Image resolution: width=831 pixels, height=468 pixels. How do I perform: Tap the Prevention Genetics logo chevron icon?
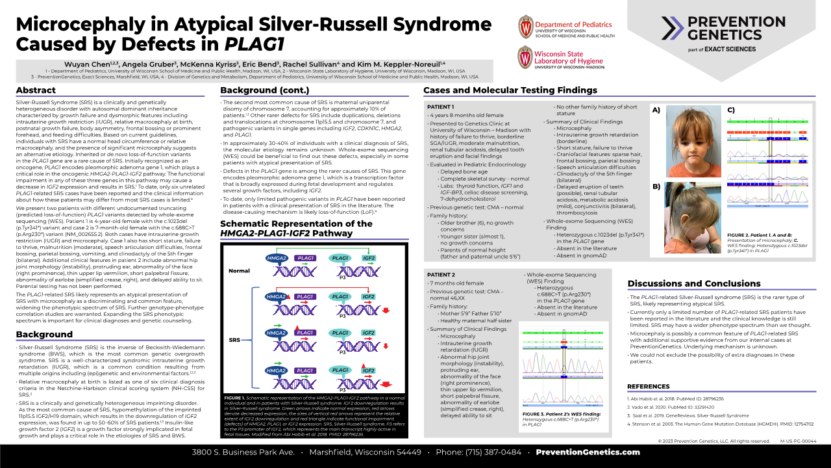(x=673, y=28)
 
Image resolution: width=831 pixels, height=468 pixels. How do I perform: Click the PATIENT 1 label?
(x=441, y=106)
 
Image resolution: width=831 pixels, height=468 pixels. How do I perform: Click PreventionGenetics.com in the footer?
(x=588, y=452)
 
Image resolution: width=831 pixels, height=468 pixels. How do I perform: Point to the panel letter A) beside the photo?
(x=656, y=110)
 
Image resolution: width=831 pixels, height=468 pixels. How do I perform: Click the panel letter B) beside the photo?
(x=656, y=187)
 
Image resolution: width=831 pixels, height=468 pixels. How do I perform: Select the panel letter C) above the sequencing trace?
(x=730, y=110)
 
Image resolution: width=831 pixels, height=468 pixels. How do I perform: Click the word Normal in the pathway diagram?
(x=239, y=270)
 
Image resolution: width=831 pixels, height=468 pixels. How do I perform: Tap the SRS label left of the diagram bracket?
(x=234, y=340)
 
